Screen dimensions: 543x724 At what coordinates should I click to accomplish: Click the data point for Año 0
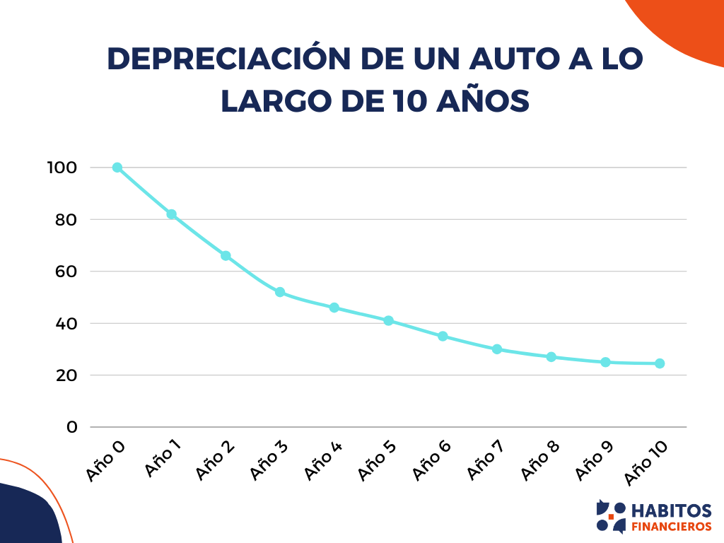117,168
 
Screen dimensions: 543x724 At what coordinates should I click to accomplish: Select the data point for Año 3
280,292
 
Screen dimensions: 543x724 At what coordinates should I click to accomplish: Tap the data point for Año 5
388,320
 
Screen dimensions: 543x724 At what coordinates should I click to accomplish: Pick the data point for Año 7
497,349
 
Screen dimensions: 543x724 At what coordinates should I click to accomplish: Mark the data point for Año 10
660,363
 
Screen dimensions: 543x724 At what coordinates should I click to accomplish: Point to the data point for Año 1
171,214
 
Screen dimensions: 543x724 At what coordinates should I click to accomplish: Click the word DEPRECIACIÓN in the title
229,60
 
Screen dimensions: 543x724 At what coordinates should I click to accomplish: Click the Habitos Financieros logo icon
611,517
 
